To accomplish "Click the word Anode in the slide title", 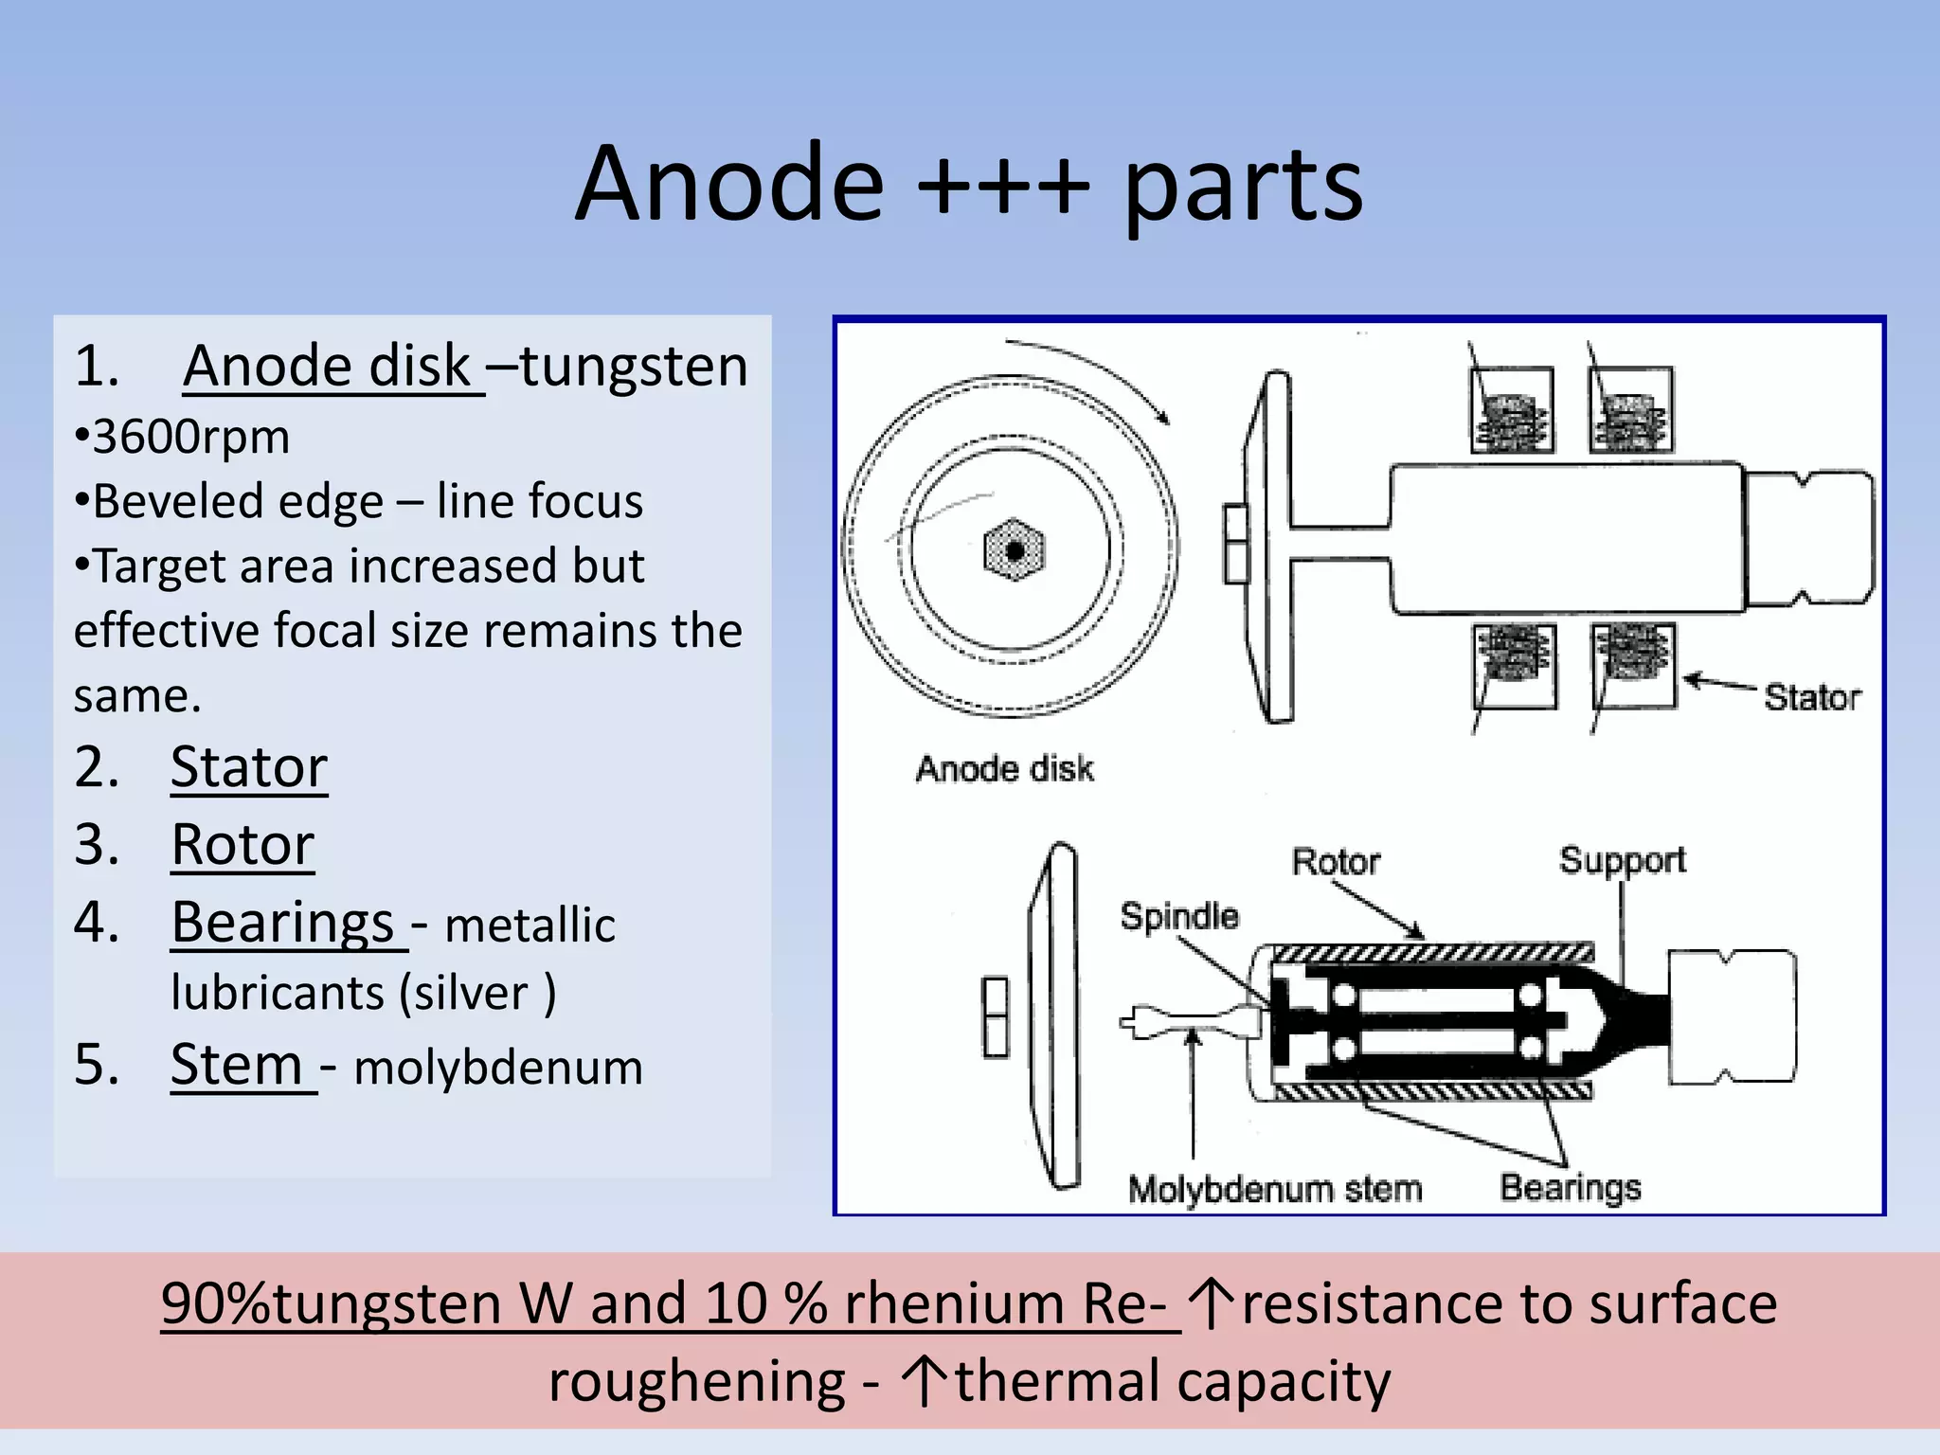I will coord(729,184).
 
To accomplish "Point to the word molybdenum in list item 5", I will coord(498,1068).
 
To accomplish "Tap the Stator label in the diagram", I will coord(1811,698).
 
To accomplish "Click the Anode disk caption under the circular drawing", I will coord(1004,768).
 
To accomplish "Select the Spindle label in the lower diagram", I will coord(1179,916).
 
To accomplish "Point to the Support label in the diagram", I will coord(1623,860).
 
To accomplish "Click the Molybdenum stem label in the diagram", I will coord(1275,1189).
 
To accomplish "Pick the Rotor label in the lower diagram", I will coord(1336,862).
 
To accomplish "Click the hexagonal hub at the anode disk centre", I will coord(1014,550).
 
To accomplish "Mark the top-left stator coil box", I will coord(1512,410).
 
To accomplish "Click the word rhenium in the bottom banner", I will coord(955,1304).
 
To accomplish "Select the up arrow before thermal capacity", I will coord(924,1381).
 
